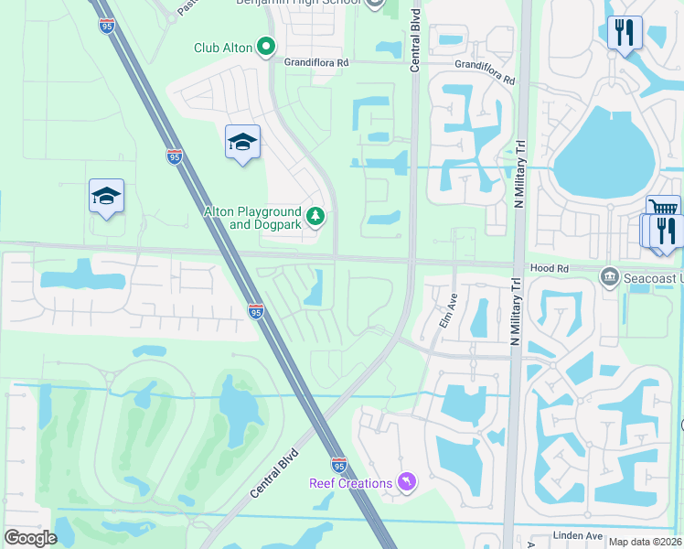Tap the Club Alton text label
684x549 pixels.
click(x=223, y=48)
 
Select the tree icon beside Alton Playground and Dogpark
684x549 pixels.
click(x=315, y=217)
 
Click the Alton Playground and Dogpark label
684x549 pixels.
click(x=252, y=218)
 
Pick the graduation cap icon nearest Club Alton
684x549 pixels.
click(x=242, y=142)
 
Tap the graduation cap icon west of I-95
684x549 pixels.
click(x=106, y=196)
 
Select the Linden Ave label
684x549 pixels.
click(x=578, y=535)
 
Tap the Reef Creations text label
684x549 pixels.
click(x=350, y=483)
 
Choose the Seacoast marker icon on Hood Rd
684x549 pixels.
click(x=610, y=276)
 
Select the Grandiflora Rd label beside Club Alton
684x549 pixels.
click(x=316, y=63)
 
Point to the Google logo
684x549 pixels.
click(x=30, y=538)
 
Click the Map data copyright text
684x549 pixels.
click(x=643, y=542)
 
